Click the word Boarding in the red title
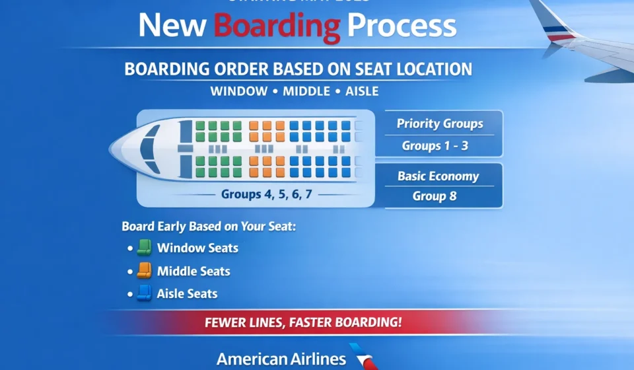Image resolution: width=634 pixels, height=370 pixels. point(277,26)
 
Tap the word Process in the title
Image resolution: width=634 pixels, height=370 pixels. point(402,26)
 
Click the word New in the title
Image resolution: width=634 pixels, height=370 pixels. point(173,26)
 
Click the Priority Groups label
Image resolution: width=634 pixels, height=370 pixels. point(440,124)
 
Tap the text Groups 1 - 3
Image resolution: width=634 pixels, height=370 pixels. point(435,146)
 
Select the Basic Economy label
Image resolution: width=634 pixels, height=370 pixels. point(438,176)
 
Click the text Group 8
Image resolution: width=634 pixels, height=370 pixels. point(435,196)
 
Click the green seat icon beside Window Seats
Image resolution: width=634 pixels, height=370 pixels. point(144,248)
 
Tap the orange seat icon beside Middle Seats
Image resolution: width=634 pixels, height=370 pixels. point(144,271)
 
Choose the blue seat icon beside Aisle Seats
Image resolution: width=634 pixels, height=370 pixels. point(144,293)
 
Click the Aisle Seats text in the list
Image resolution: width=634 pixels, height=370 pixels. point(187,293)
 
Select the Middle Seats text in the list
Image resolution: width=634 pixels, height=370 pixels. point(194,271)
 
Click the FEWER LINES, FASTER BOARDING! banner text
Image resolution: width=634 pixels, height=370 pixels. point(303,324)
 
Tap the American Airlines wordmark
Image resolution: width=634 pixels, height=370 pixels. point(281,359)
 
